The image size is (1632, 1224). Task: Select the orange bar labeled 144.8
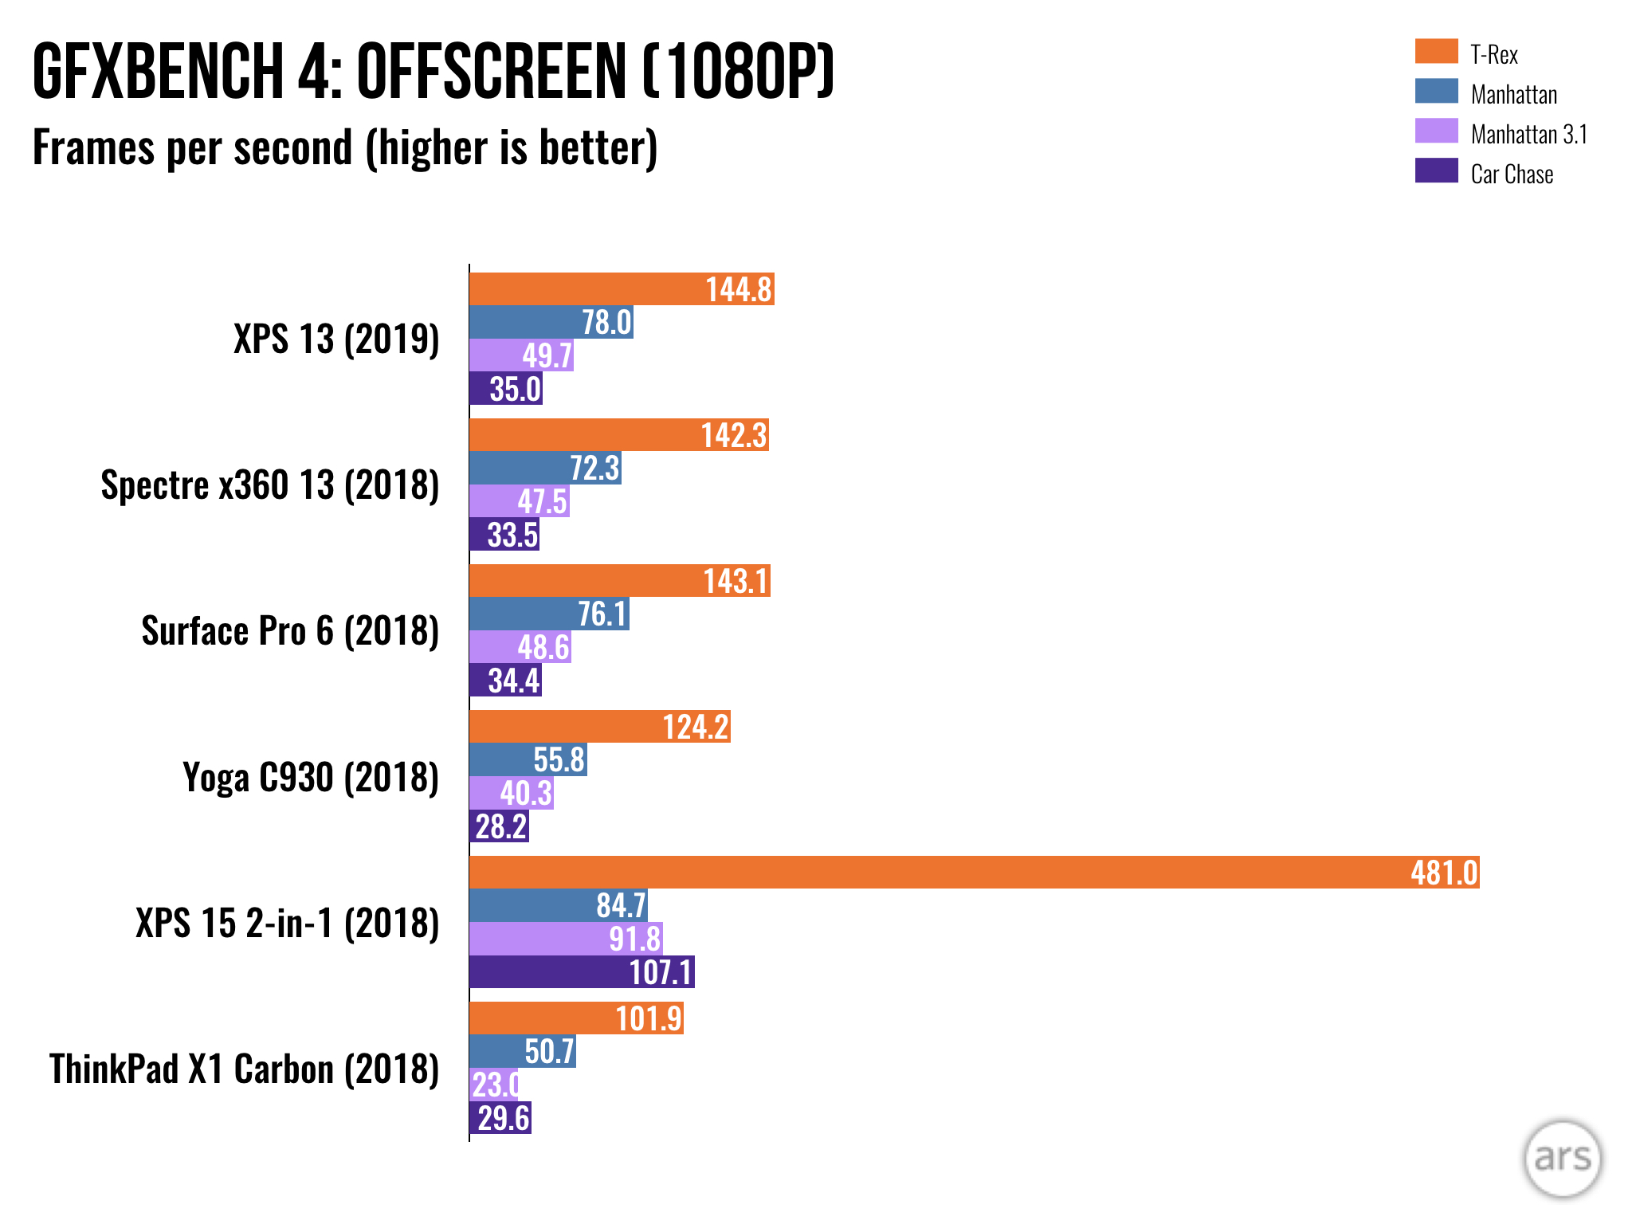point(622,289)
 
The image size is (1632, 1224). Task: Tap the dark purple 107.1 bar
point(582,972)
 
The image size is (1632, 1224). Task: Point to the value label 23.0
point(495,1085)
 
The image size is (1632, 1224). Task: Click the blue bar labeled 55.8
point(528,760)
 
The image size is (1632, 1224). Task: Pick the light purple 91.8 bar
point(566,939)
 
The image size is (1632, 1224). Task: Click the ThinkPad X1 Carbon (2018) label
point(245,1069)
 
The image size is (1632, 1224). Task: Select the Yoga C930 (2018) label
point(311,778)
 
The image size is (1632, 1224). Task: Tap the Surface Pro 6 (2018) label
point(290,631)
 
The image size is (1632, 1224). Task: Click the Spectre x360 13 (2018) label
point(270,485)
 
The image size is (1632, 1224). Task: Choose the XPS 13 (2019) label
point(336,339)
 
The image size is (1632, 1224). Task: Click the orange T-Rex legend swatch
point(1436,51)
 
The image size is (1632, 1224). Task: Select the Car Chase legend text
point(1512,175)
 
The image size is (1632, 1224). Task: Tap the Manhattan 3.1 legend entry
point(1528,135)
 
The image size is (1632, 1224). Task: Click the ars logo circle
point(1562,1159)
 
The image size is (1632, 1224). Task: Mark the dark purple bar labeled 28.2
point(499,826)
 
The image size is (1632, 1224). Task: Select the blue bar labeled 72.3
point(545,469)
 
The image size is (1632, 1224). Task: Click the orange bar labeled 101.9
point(576,1018)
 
